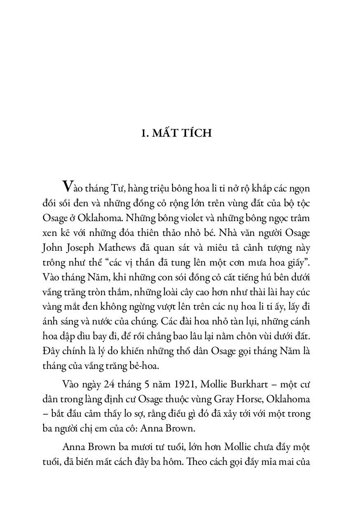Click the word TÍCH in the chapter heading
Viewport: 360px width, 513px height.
tap(196, 133)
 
